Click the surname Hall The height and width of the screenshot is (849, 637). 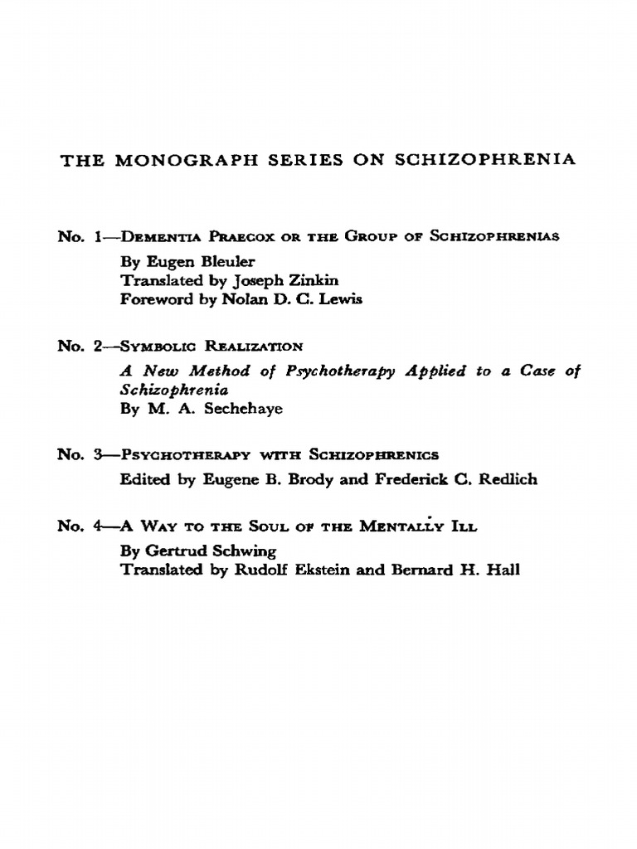point(504,570)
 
